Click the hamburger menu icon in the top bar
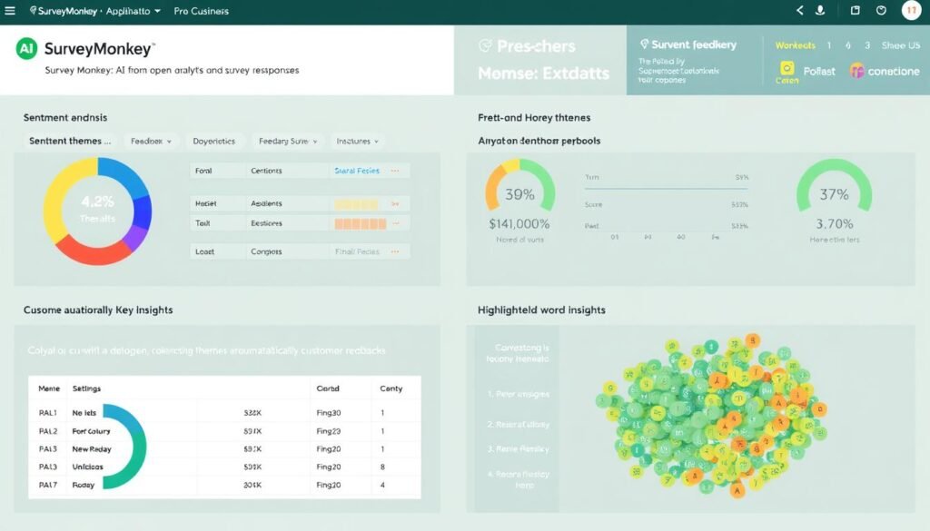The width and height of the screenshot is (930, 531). coord(9,11)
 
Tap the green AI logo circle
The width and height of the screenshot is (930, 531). coord(26,49)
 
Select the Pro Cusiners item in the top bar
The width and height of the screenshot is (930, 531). coord(201,12)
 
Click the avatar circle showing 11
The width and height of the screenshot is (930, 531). coord(911,11)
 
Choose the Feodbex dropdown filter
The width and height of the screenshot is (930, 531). coord(151,142)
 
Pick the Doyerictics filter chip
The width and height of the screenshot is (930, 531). coord(214,142)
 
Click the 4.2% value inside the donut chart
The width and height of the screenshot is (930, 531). coord(97,202)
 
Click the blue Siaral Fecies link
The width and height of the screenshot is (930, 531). coord(357,171)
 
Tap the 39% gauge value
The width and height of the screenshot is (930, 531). coord(519,194)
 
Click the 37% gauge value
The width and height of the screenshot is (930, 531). coord(834,194)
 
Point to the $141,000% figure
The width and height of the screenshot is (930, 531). coord(519,223)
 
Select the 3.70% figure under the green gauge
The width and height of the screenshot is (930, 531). coord(834,223)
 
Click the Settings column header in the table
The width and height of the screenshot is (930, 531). coord(86,388)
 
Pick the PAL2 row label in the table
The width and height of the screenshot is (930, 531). coord(48,431)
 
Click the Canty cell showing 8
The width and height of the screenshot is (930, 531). coord(382,467)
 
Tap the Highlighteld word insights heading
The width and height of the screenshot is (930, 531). coord(541,310)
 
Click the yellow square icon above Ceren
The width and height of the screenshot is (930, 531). coord(787,68)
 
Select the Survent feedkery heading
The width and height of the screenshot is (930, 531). coord(694,44)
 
